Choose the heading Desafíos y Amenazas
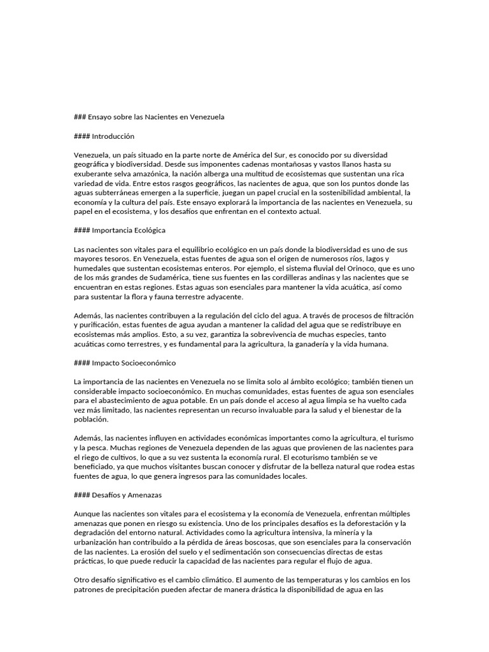point(125,495)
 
